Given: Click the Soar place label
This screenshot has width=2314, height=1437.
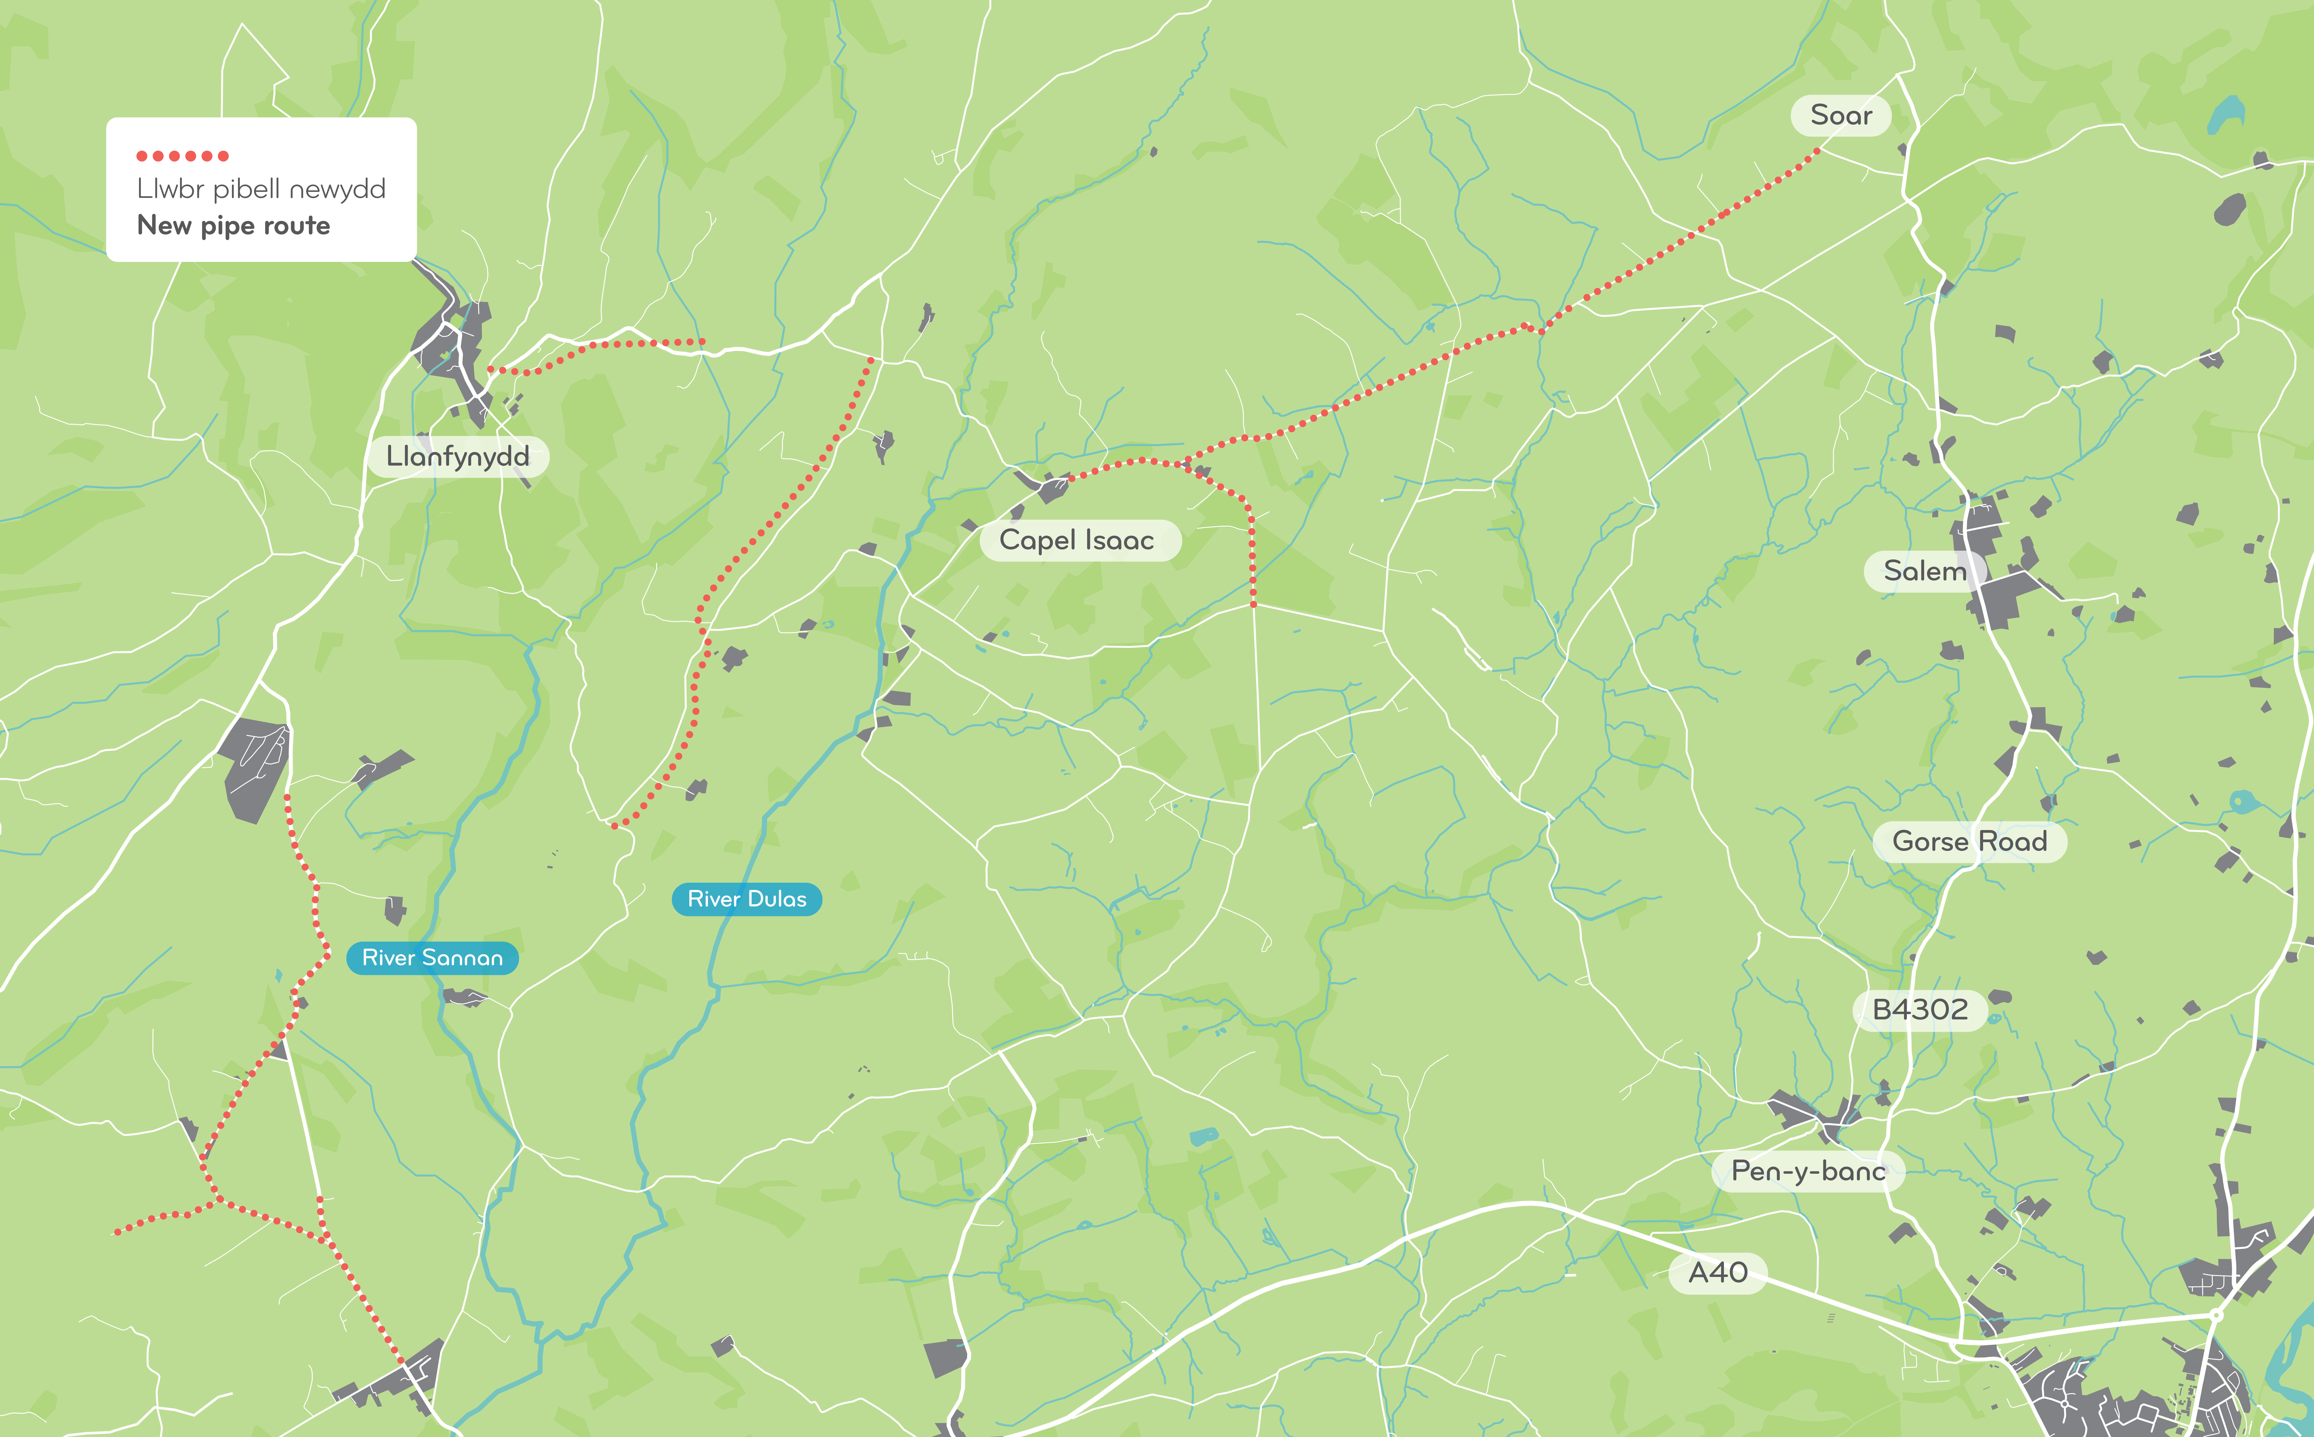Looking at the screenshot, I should coord(1841,115).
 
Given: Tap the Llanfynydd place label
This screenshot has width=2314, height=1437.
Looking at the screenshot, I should coord(457,456).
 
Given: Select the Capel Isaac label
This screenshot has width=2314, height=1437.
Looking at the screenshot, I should coord(1077,540).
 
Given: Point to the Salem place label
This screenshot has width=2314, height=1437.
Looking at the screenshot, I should coord(1924,571).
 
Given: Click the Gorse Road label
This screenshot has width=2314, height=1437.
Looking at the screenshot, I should coord(1969,841).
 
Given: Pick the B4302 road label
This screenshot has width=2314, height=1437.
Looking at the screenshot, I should coord(1920,1009).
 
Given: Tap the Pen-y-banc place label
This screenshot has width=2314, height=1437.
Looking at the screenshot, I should coord(1807,1171).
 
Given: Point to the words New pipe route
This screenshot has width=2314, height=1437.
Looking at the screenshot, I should coord(234,225).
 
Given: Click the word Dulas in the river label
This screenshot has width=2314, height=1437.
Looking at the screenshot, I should coord(777,899).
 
